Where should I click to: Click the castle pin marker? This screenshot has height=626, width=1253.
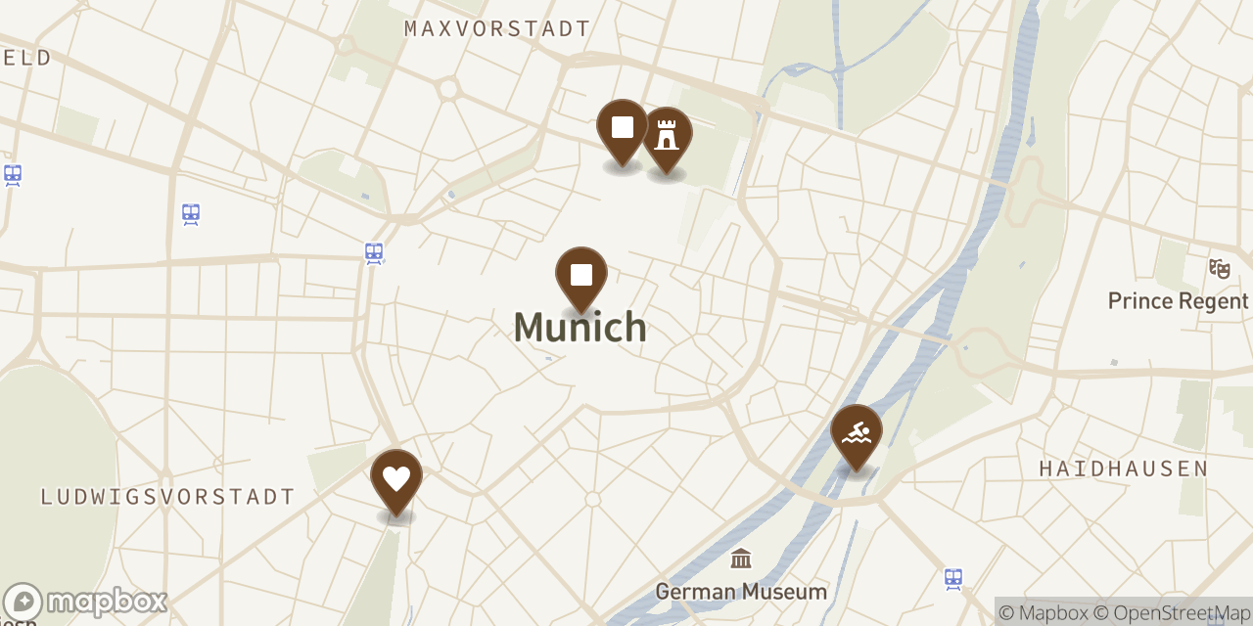667,137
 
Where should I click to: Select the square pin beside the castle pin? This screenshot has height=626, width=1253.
623,129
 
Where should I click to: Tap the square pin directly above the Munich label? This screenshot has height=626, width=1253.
581,276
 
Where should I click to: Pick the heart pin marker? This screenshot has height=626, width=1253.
396,479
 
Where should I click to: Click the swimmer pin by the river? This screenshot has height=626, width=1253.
857,434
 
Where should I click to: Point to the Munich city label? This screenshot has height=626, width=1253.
580,327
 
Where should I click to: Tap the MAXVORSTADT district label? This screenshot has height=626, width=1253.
497,29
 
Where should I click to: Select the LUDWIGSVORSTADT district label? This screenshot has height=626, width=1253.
167,497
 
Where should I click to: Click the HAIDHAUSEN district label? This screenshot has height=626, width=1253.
1124,469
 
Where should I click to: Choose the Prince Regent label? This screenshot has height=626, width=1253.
1179,301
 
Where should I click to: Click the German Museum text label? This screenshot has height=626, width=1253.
741,592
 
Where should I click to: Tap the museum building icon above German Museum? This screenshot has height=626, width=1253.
741,559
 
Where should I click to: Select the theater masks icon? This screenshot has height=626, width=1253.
1219,267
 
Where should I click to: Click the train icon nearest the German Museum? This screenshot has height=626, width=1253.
953,578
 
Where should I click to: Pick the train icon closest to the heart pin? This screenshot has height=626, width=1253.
374,253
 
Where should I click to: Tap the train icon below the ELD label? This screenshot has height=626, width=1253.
13,175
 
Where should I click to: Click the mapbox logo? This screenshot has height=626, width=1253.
85,602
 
